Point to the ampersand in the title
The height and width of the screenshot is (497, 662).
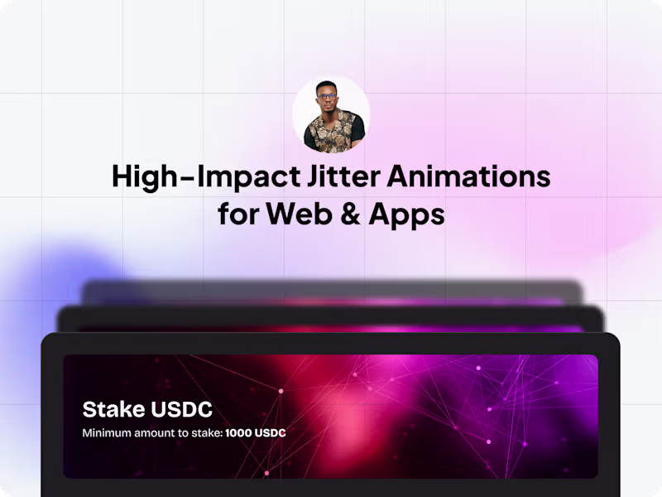(x=353, y=215)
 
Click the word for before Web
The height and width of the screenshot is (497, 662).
(x=237, y=215)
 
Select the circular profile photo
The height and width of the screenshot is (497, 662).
(x=331, y=116)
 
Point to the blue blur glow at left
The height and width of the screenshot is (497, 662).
(x=50, y=273)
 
